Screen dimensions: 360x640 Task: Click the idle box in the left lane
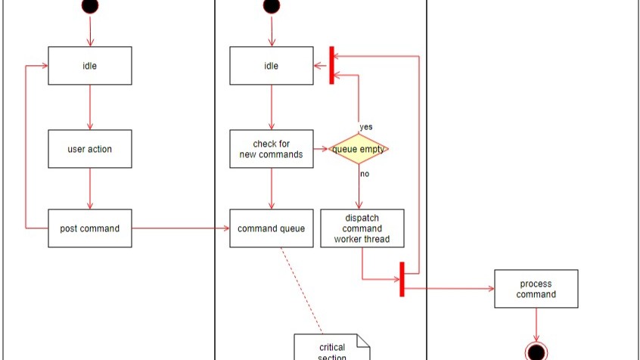tap(90, 66)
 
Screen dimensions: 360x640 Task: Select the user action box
tap(90, 149)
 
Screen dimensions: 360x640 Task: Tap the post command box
tap(90, 228)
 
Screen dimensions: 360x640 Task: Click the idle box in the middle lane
tap(272, 66)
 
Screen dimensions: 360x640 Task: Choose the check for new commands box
tap(272, 149)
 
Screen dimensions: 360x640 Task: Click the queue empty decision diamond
tap(359, 149)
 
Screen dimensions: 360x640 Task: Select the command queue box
tap(272, 228)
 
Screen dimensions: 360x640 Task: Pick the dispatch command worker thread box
tap(362, 228)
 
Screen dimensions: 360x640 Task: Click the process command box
tap(536, 289)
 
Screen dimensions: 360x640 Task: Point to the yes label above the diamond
tap(366, 127)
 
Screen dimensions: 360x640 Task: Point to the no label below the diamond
tap(365, 174)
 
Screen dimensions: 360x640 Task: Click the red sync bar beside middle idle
tap(331, 66)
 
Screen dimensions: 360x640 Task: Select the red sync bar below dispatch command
tap(402, 280)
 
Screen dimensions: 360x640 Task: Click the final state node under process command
tap(536, 351)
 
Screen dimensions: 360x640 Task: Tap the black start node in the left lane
tap(90, 5)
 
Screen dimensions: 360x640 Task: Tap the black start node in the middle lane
tap(272, 5)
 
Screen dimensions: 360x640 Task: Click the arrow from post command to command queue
tap(181, 228)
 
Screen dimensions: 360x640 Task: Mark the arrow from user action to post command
tap(90, 188)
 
